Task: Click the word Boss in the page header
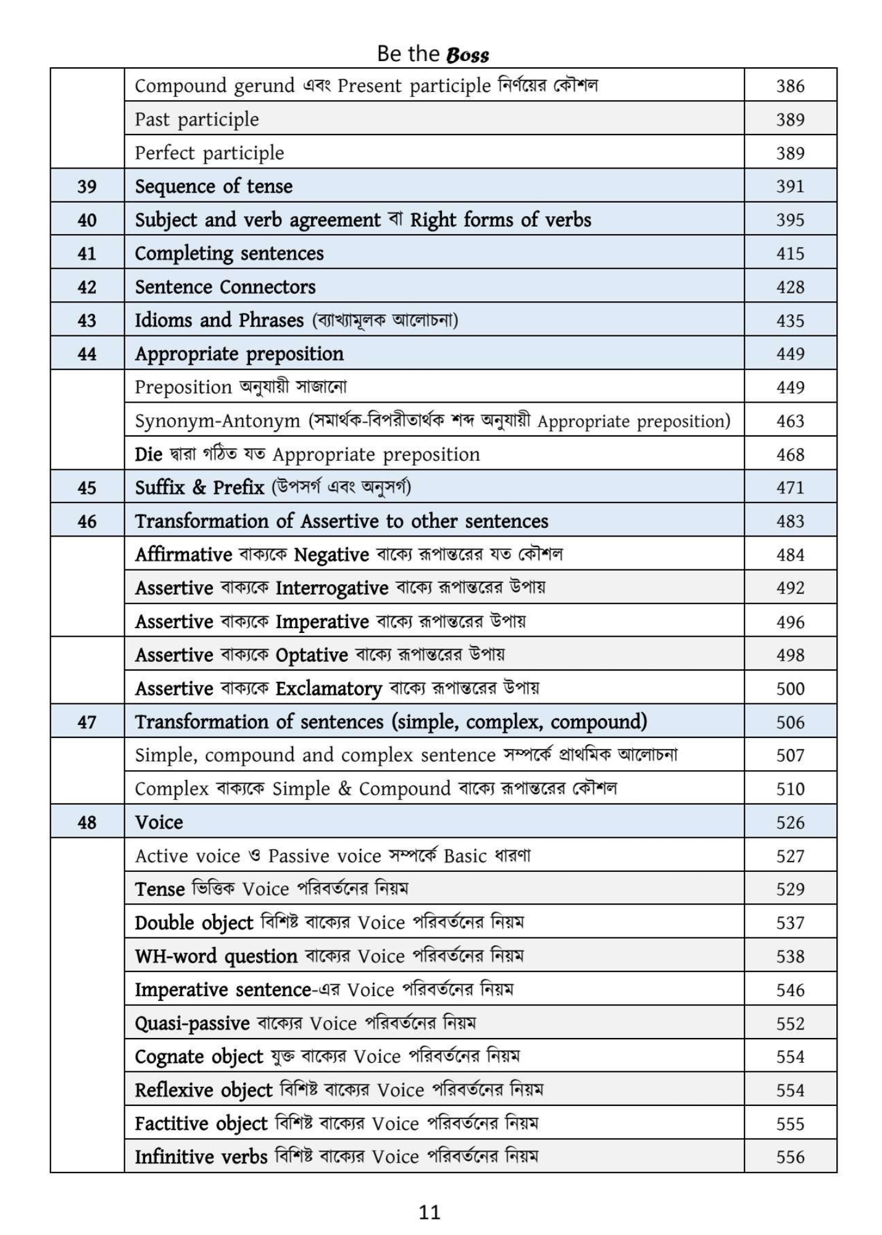pos(467,55)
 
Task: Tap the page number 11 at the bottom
pos(430,1212)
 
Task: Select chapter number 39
pos(87,186)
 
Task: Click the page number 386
pos(790,86)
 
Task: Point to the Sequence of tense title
pos(214,186)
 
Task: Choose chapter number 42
pos(87,287)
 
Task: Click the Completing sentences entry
pos(229,253)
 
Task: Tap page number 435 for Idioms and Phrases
pos(790,320)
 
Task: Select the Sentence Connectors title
pos(225,287)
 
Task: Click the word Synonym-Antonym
pos(217,421)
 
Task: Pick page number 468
pos(790,454)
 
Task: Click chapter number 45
pos(87,488)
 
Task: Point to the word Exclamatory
pos(328,689)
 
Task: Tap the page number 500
pos(790,689)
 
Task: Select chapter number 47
pos(87,722)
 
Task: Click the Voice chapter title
pos(159,823)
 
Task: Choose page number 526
pos(790,823)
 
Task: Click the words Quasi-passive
pos(192,1023)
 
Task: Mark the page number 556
pos(790,1157)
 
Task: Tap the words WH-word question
pos(216,957)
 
